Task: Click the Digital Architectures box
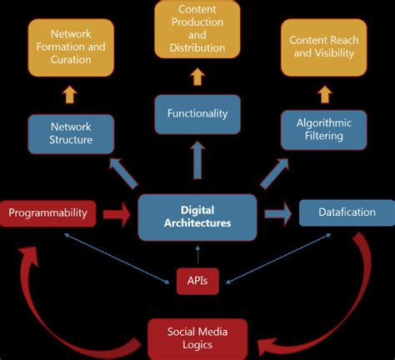coord(197,217)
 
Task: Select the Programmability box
coord(47,213)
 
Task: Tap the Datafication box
coord(347,212)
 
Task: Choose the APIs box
coord(197,282)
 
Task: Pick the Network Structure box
coord(71,133)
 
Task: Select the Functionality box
coord(197,112)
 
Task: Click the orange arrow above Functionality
coord(197,77)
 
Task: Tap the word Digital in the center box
coord(197,210)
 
